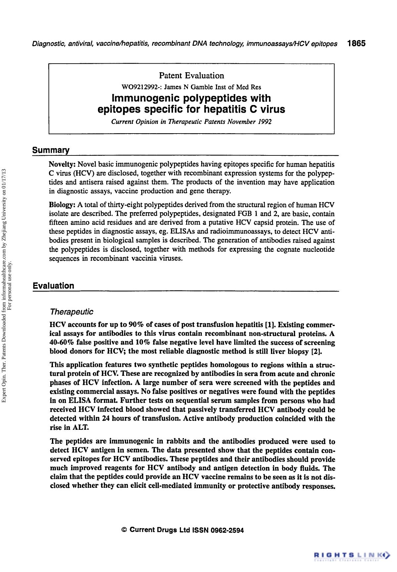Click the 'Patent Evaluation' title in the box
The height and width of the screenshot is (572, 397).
coord(192,76)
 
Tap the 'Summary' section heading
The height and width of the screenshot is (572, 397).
coord(51,150)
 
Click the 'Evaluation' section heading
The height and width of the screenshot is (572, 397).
coord(53,286)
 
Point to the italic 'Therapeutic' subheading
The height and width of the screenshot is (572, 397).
coord(71,312)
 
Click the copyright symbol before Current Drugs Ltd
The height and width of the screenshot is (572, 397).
coord(124,530)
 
